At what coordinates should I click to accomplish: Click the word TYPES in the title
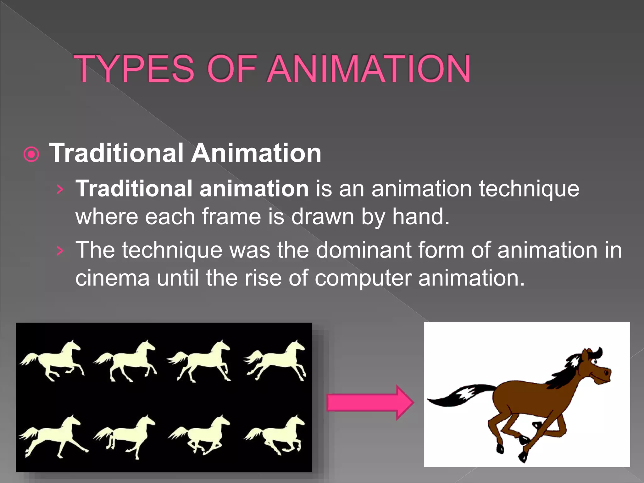[x=134, y=69]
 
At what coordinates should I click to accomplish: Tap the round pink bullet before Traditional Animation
[x=31, y=154]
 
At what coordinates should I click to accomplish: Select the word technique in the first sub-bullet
[x=529, y=189]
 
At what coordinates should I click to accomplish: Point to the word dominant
[x=363, y=250]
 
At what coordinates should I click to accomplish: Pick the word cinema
[x=112, y=278]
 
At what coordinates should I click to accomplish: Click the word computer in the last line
[x=363, y=279]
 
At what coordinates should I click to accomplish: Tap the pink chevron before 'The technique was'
[x=60, y=251]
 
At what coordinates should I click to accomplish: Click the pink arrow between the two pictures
[x=369, y=402]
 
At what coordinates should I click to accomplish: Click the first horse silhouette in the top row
[x=52, y=360]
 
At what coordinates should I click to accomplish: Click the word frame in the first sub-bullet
[x=231, y=217]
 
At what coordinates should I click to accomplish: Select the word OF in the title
[x=232, y=69]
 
